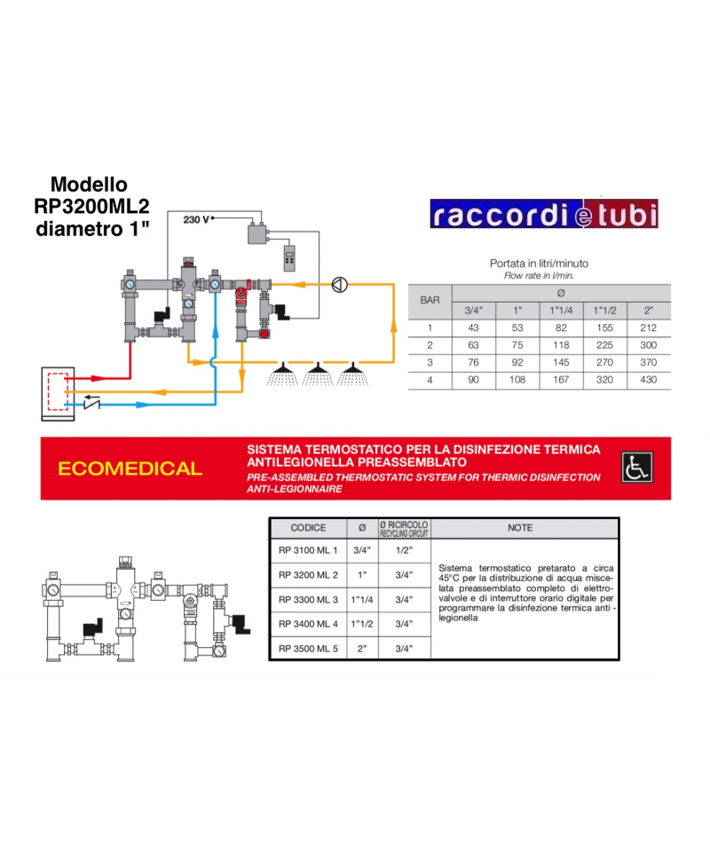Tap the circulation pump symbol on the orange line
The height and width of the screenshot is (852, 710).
click(x=338, y=284)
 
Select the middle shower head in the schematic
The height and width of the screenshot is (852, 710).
click(x=316, y=374)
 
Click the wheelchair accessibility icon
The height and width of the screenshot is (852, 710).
click(x=635, y=467)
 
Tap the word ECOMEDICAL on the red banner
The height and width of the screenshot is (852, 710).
click(x=130, y=469)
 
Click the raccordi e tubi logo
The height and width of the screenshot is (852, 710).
click(x=543, y=215)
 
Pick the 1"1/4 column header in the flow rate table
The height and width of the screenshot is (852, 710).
click(x=559, y=311)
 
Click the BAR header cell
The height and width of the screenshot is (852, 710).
click(x=430, y=301)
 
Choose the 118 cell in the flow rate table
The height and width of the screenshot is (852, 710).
click(x=559, y=345)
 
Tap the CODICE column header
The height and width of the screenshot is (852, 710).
click(x=308, y=527)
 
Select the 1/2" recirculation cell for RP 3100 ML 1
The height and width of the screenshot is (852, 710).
click(x=404, y=550)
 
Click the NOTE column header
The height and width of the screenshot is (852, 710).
click(x=520, y=527)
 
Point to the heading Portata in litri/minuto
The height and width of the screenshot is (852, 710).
click(x=539, y=264)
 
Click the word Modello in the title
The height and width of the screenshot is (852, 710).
click(x=89, y=185)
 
